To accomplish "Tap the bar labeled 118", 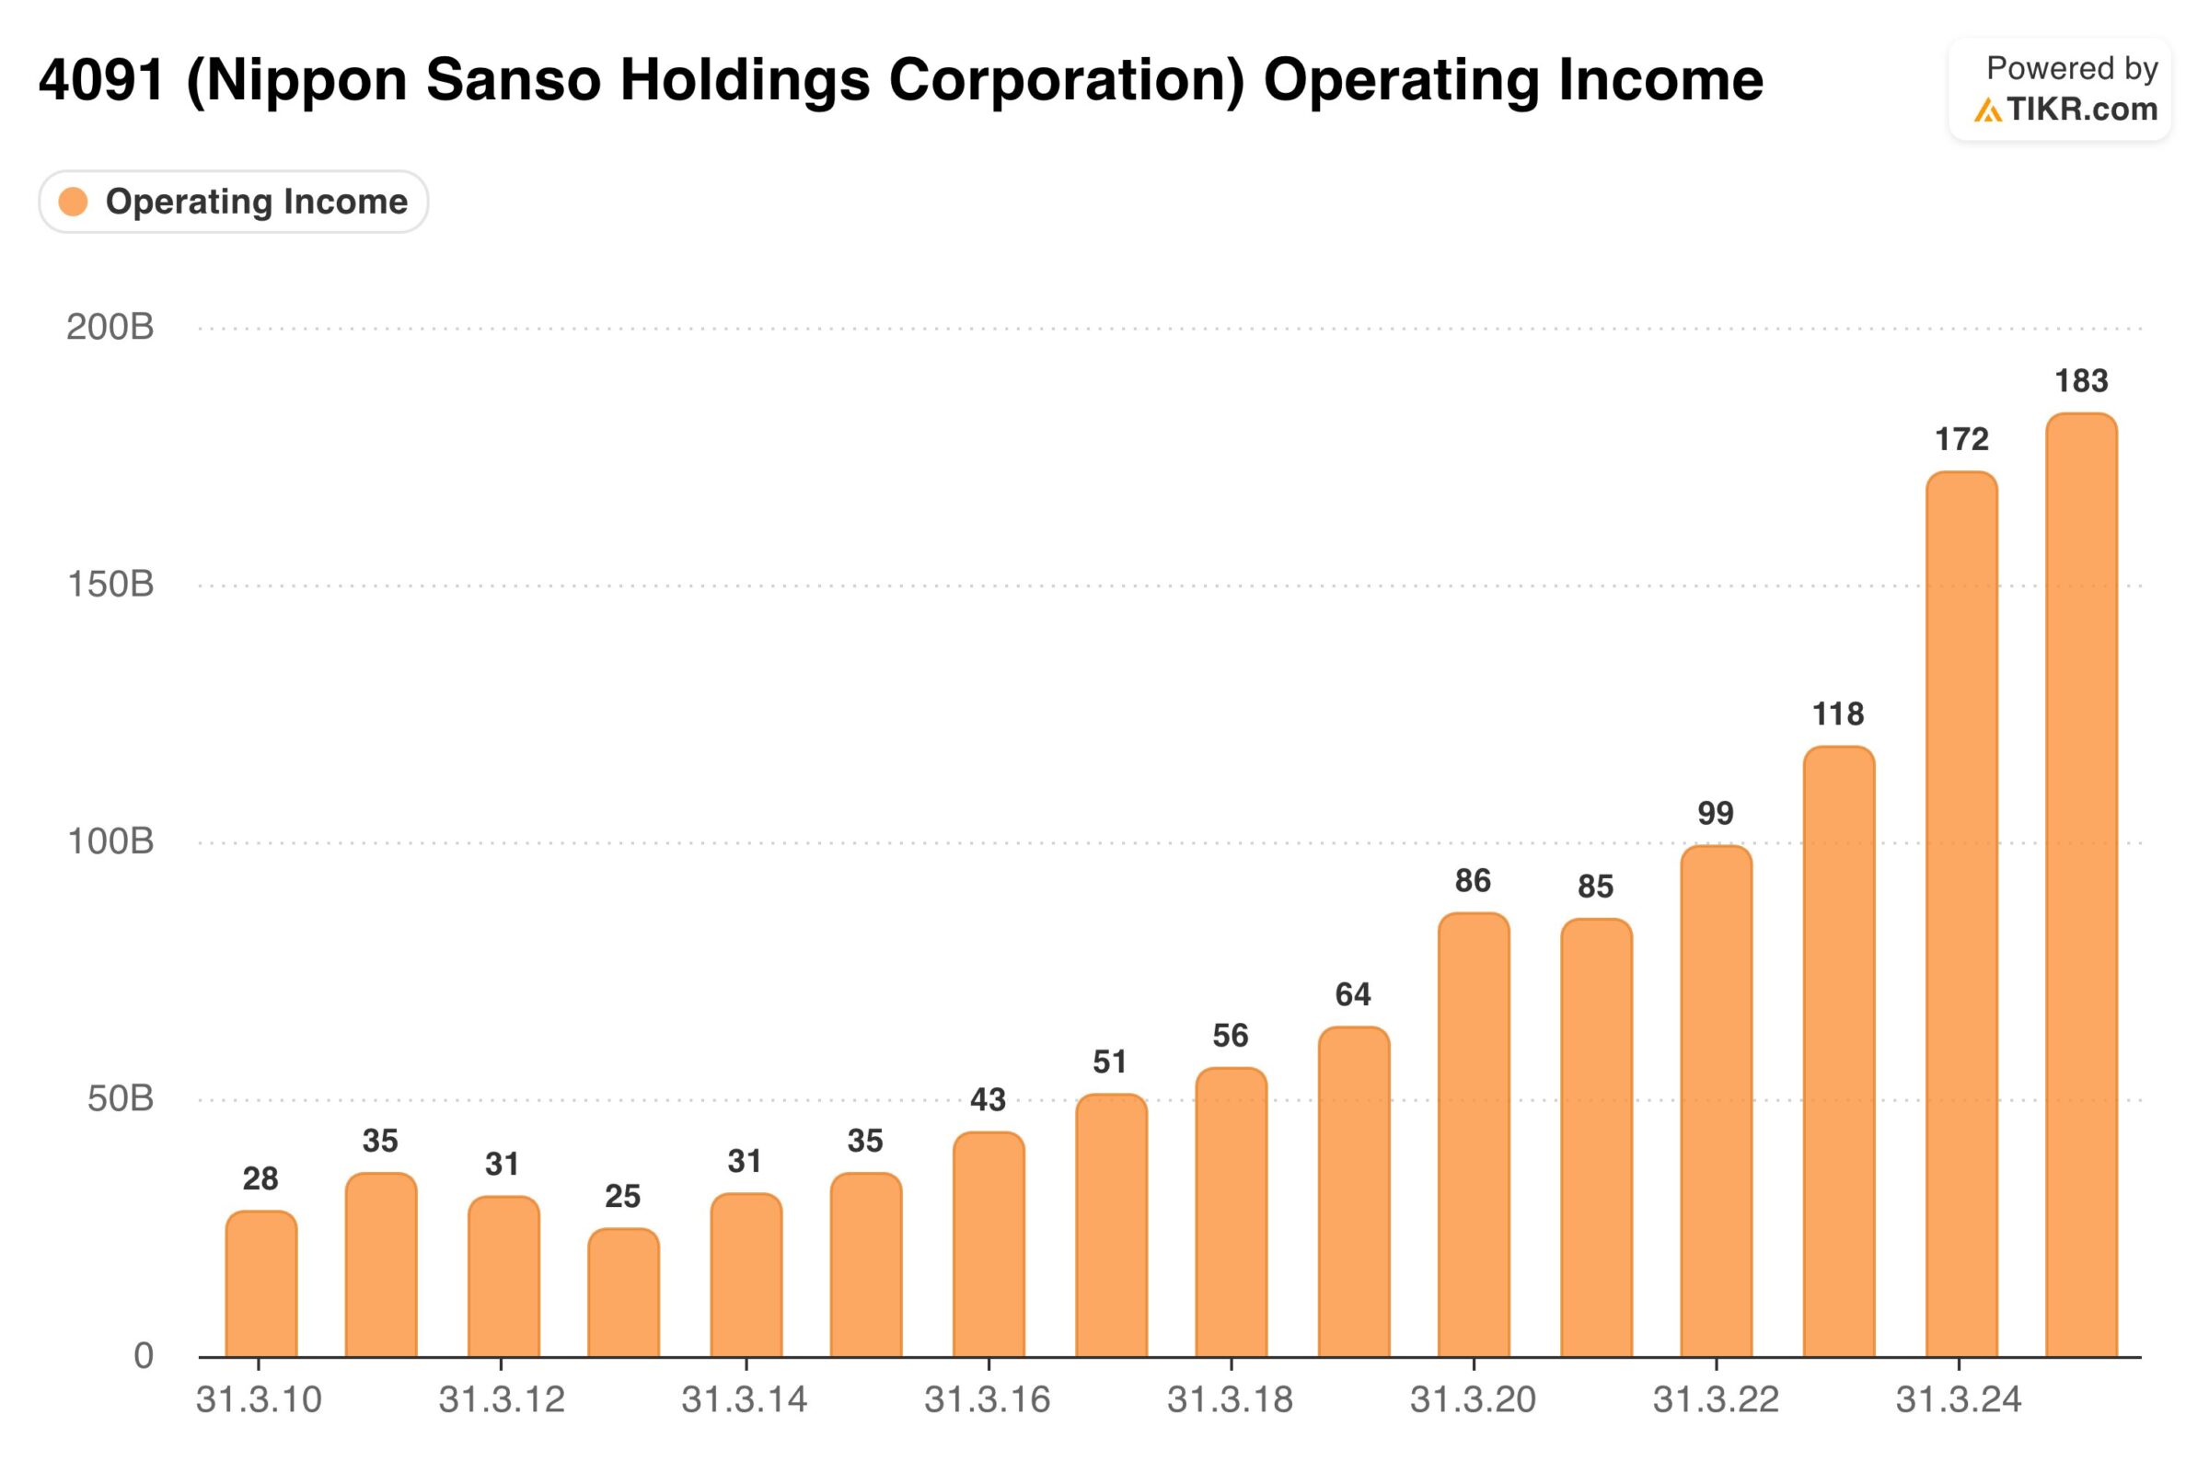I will (x=1838, y=1051).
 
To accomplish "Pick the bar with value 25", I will (x=623, y=1293).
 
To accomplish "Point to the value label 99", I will (x=1715, y=813).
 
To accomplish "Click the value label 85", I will (x=1595, y=886).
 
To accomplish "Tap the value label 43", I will (x=987, y=1099).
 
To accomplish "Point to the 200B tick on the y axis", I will (x=110, y=327).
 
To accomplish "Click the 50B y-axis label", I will (x=121, y=1098).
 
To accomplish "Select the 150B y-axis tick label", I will (x=110, y=585).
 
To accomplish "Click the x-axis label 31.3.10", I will (x=259, y=1399).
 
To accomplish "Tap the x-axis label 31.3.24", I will (x=1959, y=1399).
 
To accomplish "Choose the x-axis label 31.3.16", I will (x=987, y=1399).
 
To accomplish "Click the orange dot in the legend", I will (x=74, y=201).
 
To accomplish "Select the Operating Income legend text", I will (x=257, y=201).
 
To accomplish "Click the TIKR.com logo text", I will (x=2082, y=110).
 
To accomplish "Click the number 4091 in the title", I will (x=101, y=80).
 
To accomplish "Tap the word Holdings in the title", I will (x=745, y=80).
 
